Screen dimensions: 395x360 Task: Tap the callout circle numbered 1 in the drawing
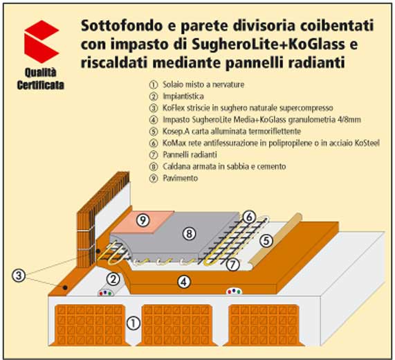point(133,323)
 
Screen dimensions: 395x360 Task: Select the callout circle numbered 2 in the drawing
point(113,279)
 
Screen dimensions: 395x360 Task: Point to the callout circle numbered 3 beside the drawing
point(19,276)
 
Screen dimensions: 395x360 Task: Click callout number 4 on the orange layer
point(184,282)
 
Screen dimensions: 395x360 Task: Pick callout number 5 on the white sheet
point(266,241)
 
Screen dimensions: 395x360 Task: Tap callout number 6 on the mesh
point(249,217)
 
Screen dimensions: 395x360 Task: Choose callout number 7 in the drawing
point(232,264)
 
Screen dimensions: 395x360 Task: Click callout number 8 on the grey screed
point(189,234)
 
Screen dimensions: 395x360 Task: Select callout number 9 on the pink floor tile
point(143,221)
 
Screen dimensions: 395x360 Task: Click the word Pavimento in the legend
point(181,178)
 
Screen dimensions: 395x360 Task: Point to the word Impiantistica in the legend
point(183,96)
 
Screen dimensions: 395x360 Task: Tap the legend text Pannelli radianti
point(190,154)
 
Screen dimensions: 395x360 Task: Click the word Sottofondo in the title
point(122,26)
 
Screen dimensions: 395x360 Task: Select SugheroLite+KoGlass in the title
point(268,44)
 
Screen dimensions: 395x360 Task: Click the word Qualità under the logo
point(40,73)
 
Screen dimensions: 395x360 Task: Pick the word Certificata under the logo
point(41,85)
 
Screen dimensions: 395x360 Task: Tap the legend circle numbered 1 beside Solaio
point(153,84)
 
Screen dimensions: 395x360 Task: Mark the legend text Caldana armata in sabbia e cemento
point(224,166)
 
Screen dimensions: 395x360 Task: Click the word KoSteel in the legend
point(367,143)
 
